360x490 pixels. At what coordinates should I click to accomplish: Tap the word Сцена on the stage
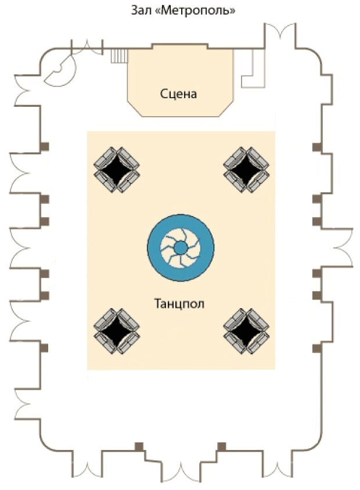point(179,93)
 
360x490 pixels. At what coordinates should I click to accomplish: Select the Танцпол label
point(179,303)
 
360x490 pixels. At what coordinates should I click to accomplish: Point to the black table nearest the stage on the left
point(116,169)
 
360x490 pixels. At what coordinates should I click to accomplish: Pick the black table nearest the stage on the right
point(246,169)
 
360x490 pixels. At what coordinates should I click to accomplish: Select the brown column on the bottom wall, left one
point(139,446)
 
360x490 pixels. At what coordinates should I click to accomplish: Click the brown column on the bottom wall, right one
point(221,446)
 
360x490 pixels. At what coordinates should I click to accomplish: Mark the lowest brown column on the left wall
point(44,348)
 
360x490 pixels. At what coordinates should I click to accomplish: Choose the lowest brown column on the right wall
point(316,348)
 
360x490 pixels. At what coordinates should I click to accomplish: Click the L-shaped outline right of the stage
point(252,70)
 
